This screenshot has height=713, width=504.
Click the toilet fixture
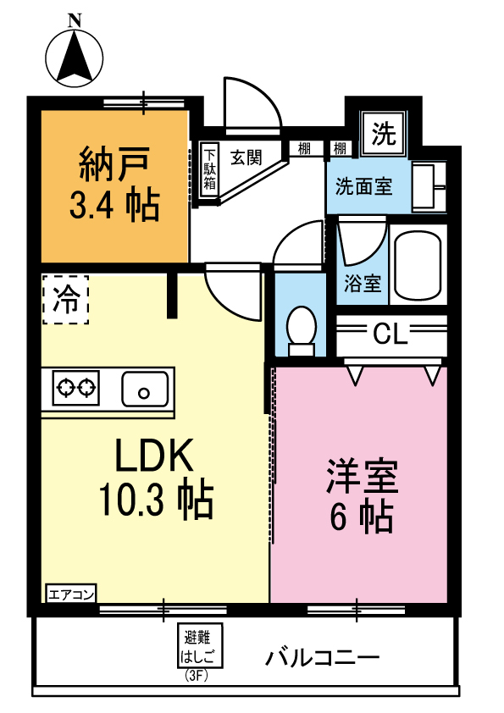click(300, 330)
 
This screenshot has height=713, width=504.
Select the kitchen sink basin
click(145, 390)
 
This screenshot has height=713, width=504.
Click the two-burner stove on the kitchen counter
click(75, 390)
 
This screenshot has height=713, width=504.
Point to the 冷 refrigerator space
click(65, 298)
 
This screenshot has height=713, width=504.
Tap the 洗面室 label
click(363, 186)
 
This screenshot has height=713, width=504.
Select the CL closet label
click(390, 335)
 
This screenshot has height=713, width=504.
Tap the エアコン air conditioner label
click(71, 593)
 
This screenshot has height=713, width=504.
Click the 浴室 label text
click(363, 285)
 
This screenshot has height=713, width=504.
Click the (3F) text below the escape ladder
click(197, 675)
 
